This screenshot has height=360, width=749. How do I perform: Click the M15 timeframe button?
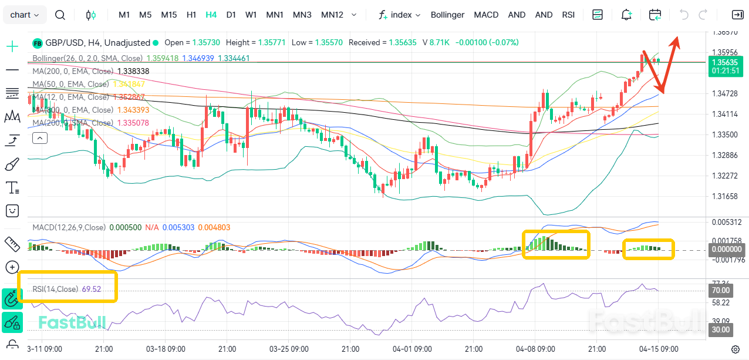(x=168, y=15)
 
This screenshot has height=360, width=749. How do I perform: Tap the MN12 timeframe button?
(x=332, y=15)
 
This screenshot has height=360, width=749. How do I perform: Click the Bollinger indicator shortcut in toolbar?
(x=447, y=15)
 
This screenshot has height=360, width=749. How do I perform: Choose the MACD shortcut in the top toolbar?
(x=486, y=15)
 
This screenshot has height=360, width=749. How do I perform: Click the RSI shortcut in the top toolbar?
(x=568, y=15)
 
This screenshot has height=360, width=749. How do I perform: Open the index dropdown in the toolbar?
(x=400, y=15)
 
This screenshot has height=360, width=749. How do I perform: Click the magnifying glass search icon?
(x=60, y=15)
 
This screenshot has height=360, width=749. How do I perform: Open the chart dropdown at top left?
(x=25, y=15)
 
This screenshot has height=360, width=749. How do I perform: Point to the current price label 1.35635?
(x=724, y=62)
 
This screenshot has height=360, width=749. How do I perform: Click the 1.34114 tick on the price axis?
(x=724, y=115)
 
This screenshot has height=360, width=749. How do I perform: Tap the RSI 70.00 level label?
(x=721, y=290)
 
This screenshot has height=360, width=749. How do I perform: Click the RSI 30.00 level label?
(x=721, y=330)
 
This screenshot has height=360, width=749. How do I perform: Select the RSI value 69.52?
(x=92, y=289)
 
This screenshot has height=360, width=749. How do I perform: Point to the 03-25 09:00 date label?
(x=288, y=349)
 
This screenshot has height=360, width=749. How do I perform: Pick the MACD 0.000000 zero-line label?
(x=724, y=249)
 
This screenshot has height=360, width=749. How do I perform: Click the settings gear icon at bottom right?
(x=735, y=349)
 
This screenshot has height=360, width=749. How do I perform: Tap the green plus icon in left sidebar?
(x=12, y=46)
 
